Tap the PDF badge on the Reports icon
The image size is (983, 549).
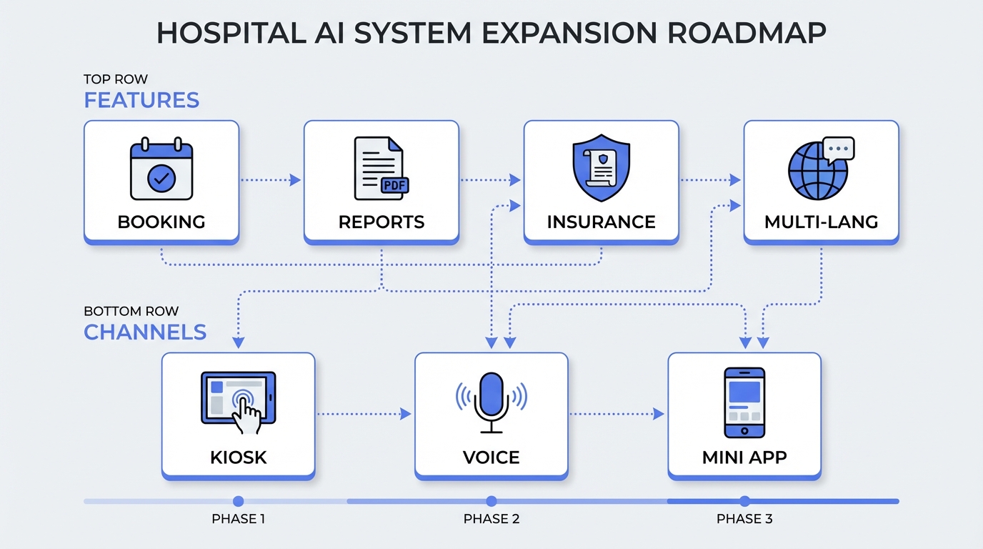point(392,185)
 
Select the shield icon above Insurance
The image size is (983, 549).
point(601,166)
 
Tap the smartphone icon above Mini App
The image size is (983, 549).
point(744,402)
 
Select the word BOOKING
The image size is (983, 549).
point(161,222)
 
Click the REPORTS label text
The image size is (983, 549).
point(381,222)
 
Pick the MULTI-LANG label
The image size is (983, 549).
point(821,222)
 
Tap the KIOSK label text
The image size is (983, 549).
point(238,457)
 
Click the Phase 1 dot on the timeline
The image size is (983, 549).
point(239,501)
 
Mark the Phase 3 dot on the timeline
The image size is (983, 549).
point(744,501)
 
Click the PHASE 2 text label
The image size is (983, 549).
point(491,519)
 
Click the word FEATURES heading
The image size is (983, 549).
point(141,100)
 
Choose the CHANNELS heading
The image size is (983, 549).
point(145,332)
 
